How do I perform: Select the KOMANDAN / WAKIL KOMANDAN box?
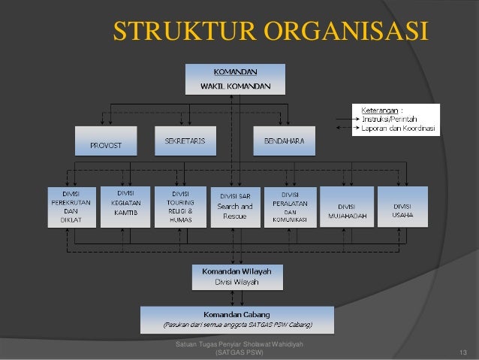pos(235,79)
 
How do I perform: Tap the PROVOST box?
pos(106,141)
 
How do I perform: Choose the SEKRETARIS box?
pos(185,141)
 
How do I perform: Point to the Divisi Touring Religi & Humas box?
pos(178,207)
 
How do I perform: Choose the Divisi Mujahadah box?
pos(347,207)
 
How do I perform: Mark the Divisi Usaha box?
pos(402,207)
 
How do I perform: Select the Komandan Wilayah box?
pos(236,276)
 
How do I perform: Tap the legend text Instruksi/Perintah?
pos(390,119)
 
